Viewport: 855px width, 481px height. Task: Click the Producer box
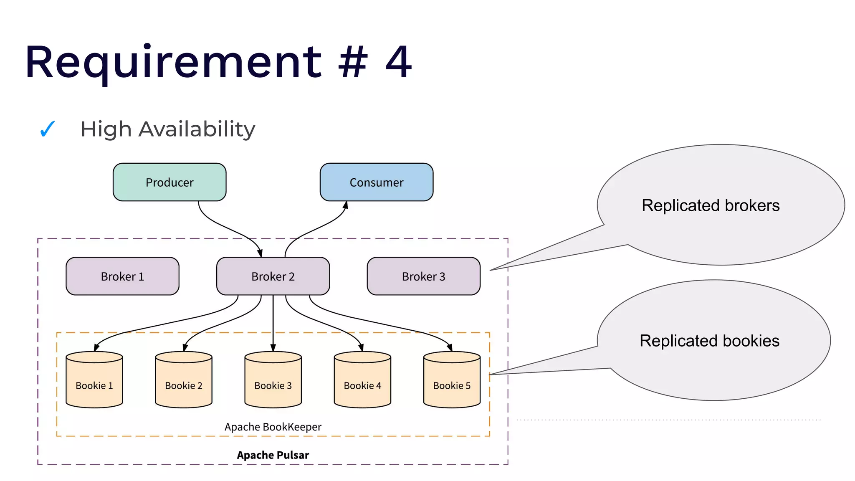coord(169,182)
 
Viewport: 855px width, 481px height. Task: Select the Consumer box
coord(376,182)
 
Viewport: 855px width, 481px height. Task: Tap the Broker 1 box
coord(122,276)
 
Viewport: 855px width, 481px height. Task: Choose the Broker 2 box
coord(273,276)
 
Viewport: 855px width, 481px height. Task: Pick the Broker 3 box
coord(423,276)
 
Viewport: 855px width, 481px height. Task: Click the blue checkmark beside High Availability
coord(47,129)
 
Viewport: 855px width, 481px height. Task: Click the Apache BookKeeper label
coord(273,427)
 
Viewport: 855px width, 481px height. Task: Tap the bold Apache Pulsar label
coord(273,455)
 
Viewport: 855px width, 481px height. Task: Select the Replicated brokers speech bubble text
coord(711,205)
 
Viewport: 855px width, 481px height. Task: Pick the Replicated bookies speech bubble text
coord(709,341)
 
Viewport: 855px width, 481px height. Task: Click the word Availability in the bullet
coord(197,129)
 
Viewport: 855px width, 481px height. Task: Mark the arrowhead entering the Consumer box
coord(346,205)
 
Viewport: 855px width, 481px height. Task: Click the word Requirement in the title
coord(173,63)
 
